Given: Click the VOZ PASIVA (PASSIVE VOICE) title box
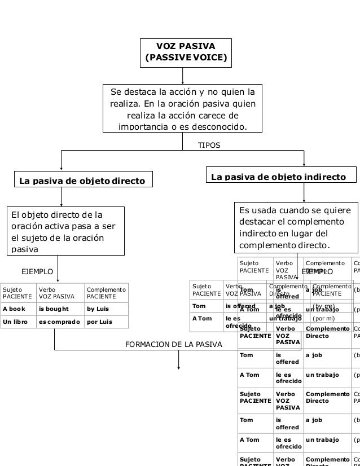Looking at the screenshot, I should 186,51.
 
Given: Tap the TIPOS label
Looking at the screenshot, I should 209,146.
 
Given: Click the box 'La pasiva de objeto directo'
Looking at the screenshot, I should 82,181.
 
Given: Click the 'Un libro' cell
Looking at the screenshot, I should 15,322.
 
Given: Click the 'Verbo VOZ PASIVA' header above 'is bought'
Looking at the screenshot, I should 56,292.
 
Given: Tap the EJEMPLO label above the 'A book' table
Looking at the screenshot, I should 37,272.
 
